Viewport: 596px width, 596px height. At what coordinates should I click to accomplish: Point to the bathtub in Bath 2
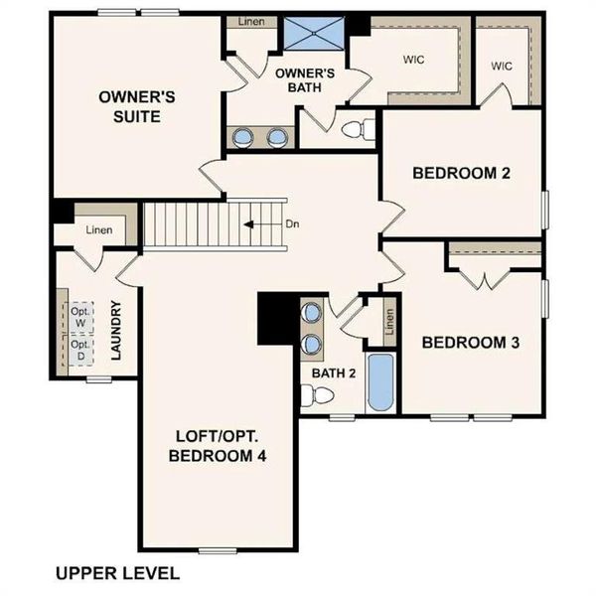coord(380,382)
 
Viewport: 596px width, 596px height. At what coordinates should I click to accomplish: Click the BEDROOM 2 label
coord(461,173)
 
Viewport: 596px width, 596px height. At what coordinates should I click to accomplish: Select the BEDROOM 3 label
coord(471,343)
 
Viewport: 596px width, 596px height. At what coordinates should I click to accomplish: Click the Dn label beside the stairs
coord(292,223)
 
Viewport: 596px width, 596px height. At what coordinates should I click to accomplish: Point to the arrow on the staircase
coord(259,223)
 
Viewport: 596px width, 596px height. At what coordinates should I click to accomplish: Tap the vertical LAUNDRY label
coord(116,331)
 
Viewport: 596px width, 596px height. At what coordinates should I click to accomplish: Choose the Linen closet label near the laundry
coord(99,230)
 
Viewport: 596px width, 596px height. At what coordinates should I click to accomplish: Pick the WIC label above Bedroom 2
coord(501,66)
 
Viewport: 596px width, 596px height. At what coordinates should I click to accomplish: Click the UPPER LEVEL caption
coord(117,573)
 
